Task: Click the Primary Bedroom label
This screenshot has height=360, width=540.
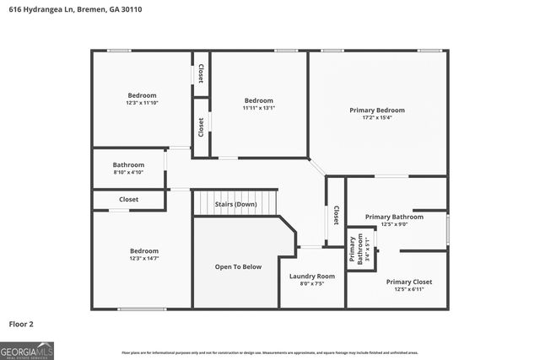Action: tap(377, 110)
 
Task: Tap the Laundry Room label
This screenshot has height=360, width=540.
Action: tap(311, 276)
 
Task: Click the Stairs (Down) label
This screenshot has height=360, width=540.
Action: tap(235, 204)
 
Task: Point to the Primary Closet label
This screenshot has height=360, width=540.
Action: tap(408, 282)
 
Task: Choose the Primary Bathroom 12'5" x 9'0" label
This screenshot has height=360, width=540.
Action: tap(394, 217)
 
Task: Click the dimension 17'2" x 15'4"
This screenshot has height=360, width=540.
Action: tap(377, 118)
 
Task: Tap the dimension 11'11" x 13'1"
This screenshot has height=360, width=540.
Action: tap(259, 108)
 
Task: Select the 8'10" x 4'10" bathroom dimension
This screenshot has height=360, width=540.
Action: tap(129, 172)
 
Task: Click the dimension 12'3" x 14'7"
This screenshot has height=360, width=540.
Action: tap(143, 258)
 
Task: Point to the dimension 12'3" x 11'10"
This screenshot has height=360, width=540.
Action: tap(143, 103)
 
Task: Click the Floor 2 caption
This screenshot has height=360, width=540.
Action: tap(21, 323)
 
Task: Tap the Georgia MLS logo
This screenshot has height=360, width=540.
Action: tap(27, 350)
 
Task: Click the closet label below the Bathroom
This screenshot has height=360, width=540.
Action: tap(128, 200)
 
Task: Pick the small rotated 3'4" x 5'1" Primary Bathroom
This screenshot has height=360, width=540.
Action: tap(361, 249)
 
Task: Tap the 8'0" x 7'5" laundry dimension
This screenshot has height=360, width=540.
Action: tap(311, 284)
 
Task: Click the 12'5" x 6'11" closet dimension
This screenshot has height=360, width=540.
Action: tap(408, 290)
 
